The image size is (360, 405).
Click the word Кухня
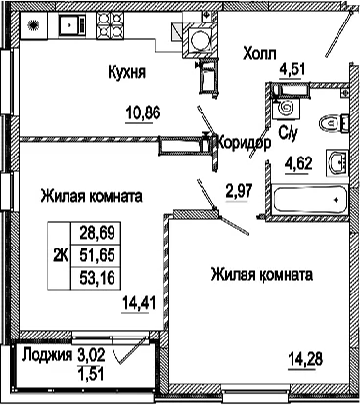(x=127, y=71)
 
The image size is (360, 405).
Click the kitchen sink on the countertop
(x=70, y=24)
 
